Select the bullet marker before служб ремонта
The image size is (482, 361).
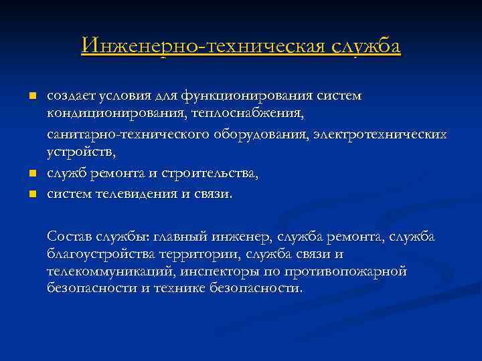(31, 174)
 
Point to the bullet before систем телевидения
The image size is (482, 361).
(31, 194)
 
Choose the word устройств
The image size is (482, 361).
(81, 153)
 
